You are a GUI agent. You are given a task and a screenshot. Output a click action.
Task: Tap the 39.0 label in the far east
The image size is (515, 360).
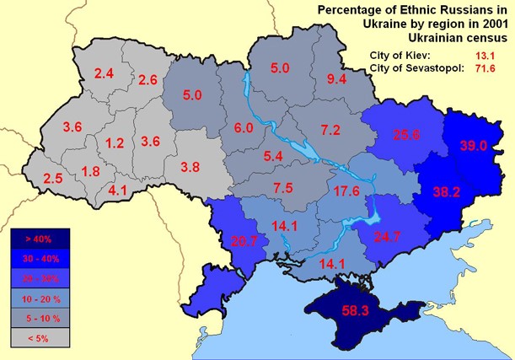[x=473, y=146]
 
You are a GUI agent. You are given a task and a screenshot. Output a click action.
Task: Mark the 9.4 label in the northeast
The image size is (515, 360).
[x=337, y=79]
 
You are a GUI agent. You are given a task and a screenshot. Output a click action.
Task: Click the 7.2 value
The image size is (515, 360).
[x=330, y=129]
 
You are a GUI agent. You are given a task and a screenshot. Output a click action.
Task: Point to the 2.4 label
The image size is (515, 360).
[x=104, y=74]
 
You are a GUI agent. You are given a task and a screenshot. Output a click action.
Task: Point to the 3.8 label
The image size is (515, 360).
[x=191, y=166]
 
